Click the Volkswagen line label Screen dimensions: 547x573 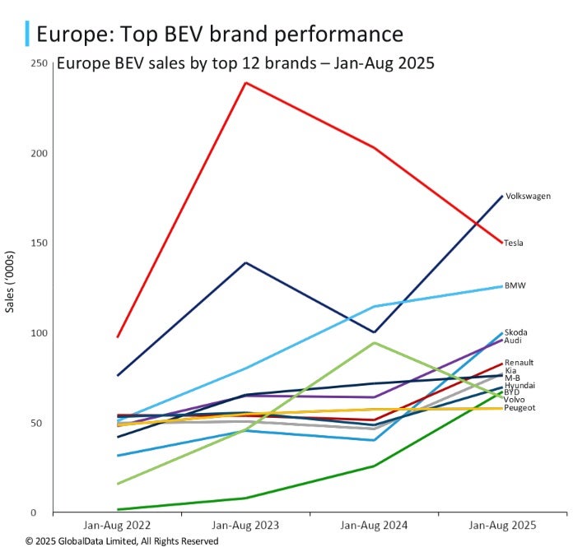click(528, 197)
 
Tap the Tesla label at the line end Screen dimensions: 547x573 click(514, 243)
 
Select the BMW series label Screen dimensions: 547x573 click(515, 285)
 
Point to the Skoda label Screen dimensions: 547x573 click(515, 332)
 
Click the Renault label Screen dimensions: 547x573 click(519, 362)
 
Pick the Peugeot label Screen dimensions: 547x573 click(519, 408)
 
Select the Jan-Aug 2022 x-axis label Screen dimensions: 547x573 click(117, 525)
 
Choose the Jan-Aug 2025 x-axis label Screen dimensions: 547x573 click(502, 525)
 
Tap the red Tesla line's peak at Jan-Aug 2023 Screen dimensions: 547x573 click(246, 82)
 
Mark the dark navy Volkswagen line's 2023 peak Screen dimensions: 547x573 click(246, 262)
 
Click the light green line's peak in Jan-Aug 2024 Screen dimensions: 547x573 click(375, 342)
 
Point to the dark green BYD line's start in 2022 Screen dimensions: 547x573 click(119, 509)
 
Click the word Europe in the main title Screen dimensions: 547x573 click(72, 35)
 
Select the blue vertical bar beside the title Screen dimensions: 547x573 click(29, 34)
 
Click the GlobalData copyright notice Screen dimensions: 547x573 click(122, 540)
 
